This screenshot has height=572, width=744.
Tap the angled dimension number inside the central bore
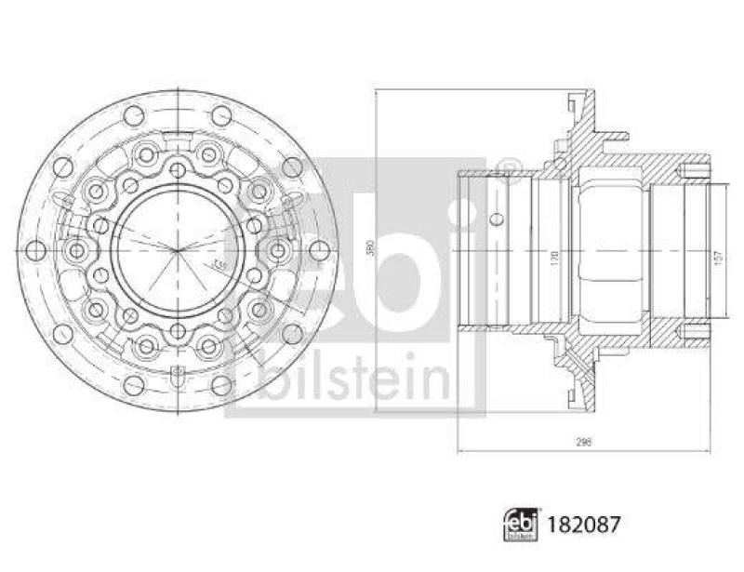219,266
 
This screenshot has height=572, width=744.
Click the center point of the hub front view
177,250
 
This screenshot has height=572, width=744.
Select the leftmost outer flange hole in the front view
35,250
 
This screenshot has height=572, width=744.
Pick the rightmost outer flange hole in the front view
319,250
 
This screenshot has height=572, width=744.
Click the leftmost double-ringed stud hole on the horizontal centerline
78,250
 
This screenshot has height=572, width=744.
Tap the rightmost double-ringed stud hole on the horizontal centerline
276,250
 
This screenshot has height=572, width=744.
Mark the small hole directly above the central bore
177,170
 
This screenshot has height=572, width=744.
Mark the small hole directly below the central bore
177,330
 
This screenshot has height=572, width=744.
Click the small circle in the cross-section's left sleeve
497,219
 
